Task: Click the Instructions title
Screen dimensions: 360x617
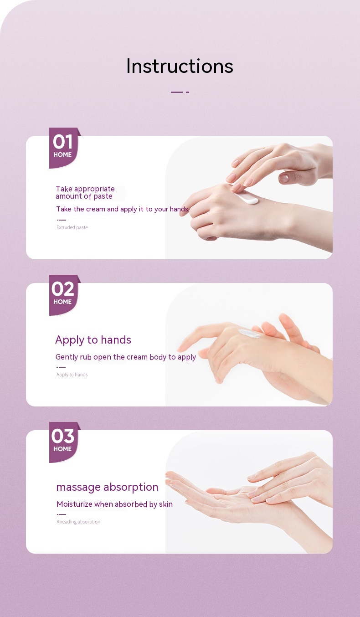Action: pos(180,66)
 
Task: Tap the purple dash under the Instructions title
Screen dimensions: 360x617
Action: pos(180,92)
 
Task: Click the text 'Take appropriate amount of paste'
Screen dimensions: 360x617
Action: pos(85,193)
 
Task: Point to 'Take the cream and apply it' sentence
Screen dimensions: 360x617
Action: pos(123,209)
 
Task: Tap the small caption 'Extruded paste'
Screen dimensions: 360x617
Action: pos(72,227)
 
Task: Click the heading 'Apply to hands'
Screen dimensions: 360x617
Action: pos(93,340)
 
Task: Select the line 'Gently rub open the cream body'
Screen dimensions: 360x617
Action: pos(126,357)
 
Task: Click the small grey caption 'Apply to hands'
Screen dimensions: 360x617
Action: pos(72,375)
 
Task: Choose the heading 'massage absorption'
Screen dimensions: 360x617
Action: pos(107,487)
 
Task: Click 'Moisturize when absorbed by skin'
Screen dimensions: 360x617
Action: pos(114,504)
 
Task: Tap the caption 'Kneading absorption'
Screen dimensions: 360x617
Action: pos(78,522)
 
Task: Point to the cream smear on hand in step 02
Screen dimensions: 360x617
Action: pos(250,333)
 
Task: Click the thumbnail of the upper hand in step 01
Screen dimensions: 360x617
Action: pos(284,178)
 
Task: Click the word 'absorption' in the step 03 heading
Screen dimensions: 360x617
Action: pos(131,487)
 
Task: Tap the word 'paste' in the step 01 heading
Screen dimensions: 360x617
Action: pos(103,196)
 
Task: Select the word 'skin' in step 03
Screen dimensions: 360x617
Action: pos(166,504)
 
